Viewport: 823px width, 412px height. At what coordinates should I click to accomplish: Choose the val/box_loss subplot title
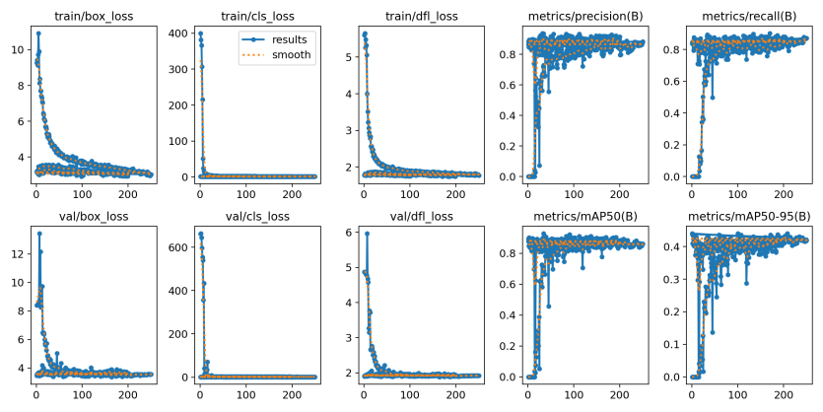coord(93,215)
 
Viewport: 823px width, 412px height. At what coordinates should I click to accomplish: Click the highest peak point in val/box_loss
coord(39,234)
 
